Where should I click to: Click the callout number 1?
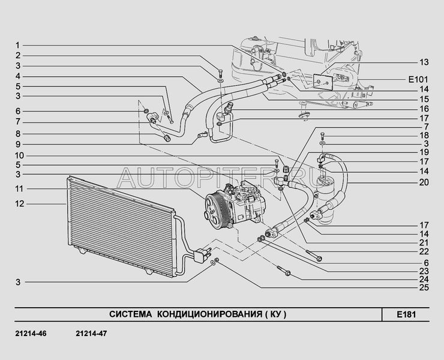pyautogui.click(x=17, y=46)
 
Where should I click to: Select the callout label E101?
pyautogui.click(x=418, y=80)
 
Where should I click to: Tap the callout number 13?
pyautogui.click(x=424, y=62)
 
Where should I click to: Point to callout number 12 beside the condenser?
pyautogui.click(x=20, y=203)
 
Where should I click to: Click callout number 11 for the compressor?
pyautogui.click(x=20, y=188)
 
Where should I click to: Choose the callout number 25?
pyautogui.click(x=424, y=288)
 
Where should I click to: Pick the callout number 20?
pyautogui.click(x=424, y=182)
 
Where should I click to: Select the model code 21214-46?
pyautogui.click(x=31, y=334)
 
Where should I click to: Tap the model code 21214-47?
pyautogui.click(x=91, y=334)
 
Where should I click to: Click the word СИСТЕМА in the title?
pyautogui.click(x=131, y=314)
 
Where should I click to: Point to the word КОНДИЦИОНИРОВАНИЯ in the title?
pyautogui.click(x=209, y=314)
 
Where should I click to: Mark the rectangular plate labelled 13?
pyautogui.click(x=323, y=82)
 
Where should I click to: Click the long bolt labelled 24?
pyautogui.click(x=283, y=271)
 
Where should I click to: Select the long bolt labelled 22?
pyautogui.click(x=314, y=255)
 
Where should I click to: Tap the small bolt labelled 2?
pyautogui.click(x=220, y=73)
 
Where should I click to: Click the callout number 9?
pyautogui.click(x=17, y=145)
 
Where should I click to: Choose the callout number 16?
pyautogui.click(x=424, y=109)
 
